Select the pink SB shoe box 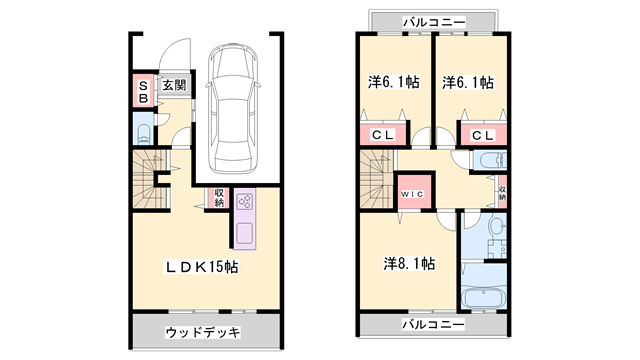[x=143, y=91]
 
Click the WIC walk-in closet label [x=413, y=193]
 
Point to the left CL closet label [x=382, y=135]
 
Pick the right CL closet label [x=482, y=135]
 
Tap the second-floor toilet [x=490, y=162]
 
